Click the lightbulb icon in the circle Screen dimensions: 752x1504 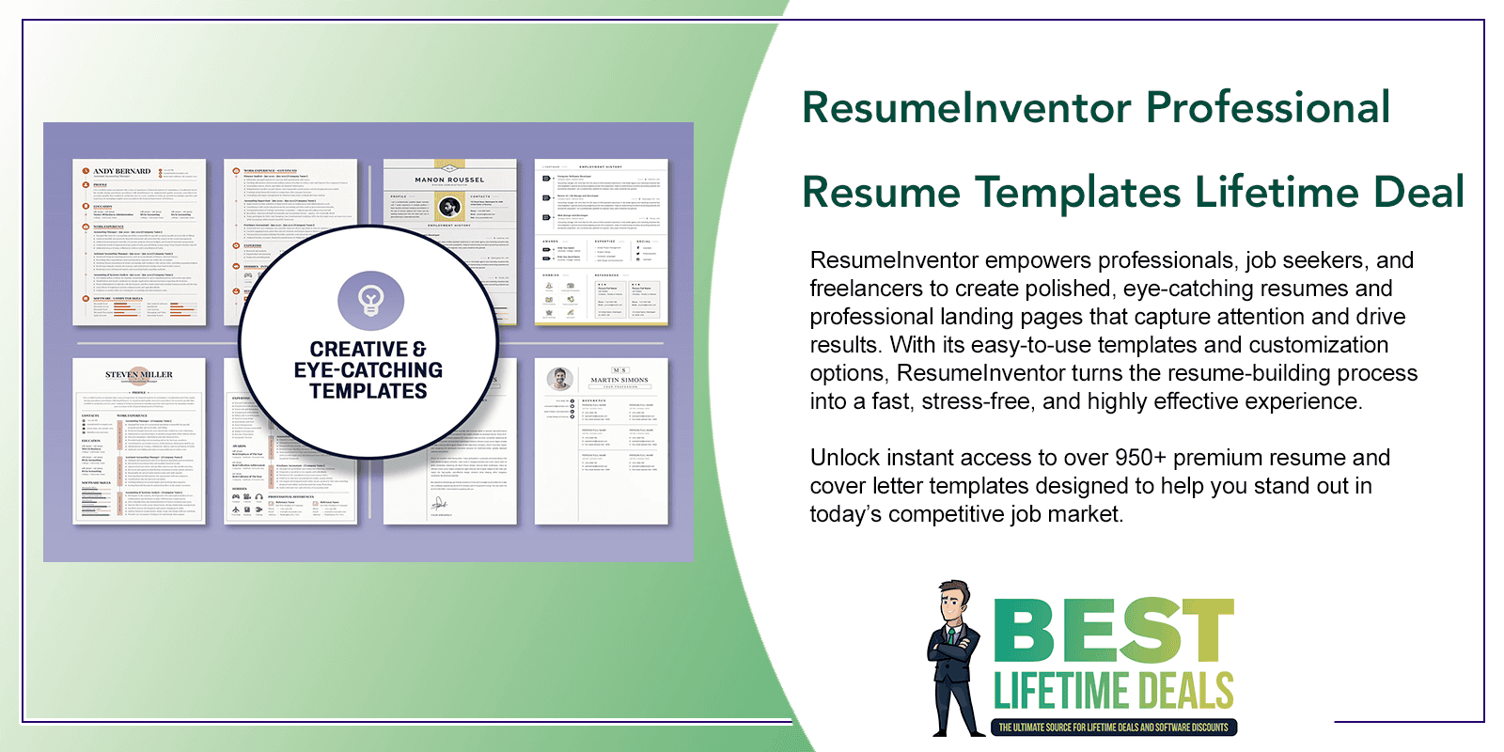[x=370, y=300]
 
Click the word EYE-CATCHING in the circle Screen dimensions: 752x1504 [x=368, y=370]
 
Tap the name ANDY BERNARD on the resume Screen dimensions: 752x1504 [x=121, y=171]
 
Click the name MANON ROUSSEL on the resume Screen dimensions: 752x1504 [x=449, y=180]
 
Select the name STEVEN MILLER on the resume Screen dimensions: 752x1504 [x=139, y=374]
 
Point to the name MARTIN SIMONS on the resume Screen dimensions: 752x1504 [x=619, y=380]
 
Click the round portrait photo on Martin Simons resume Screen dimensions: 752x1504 [x=560, y=379]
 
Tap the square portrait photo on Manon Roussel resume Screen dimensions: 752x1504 [x=450, y=208]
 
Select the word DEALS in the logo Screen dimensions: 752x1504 [x=1182, y=691]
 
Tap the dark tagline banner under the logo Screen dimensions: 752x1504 [x=1113, y=727]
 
